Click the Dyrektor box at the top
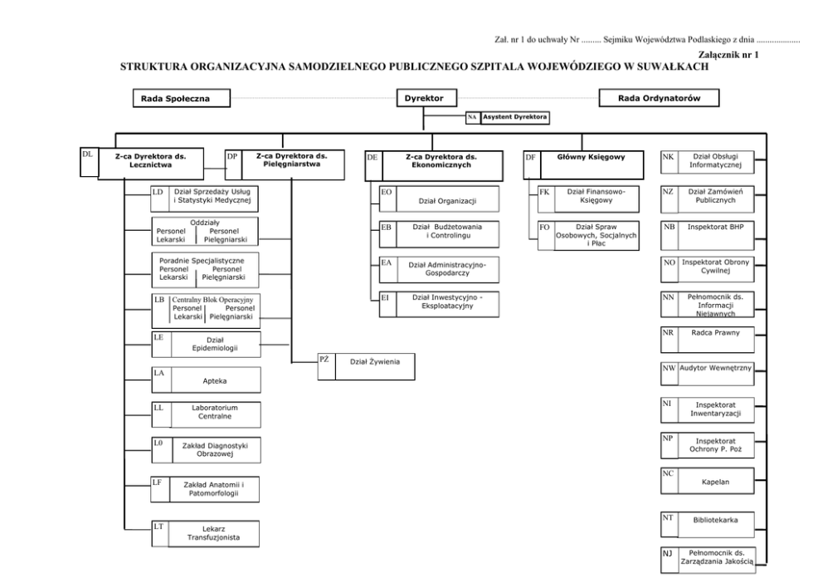(424, 99)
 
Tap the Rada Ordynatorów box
(660, 99)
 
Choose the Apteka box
(215, 380)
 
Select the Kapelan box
(715, 481)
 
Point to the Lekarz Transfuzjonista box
(215, 532)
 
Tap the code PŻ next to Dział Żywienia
(325, 359)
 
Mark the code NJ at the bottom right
(667, 552)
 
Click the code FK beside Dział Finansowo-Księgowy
(544, 192)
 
